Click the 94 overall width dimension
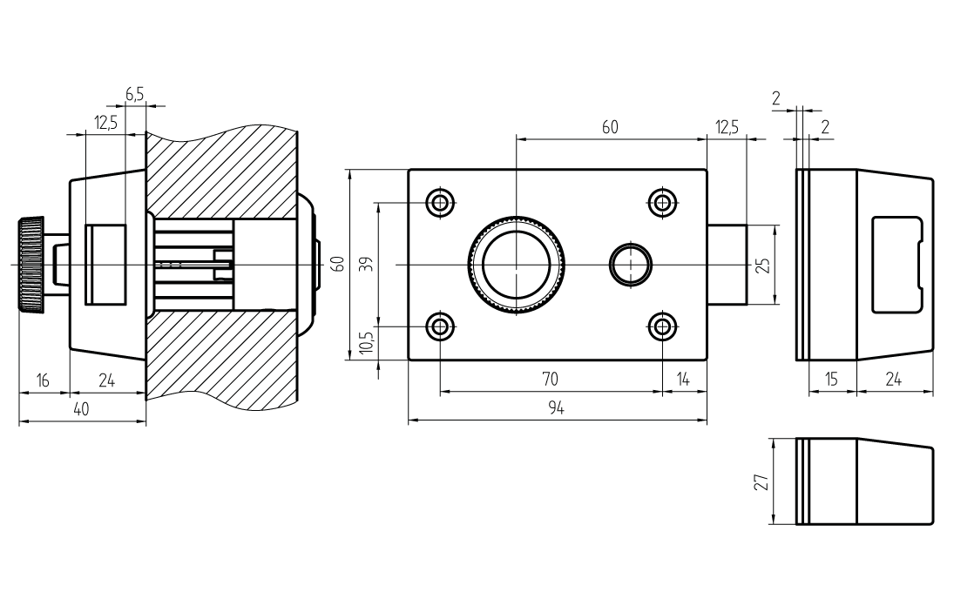[x=557, y=409]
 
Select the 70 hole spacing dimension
[x=550, y=380]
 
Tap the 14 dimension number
[x=684, y=380]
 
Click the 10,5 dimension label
[x=368, y=341]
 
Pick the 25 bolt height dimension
[x=763, y=265]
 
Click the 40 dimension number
[x=81, y=410]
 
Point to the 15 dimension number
[x=833, y=380]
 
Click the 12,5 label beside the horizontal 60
[x=727, y=127]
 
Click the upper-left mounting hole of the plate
[x=440, y=203]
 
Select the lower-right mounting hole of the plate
[x=663, y=326]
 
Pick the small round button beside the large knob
[x=630, y=264]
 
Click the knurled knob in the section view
[x=31, y=264]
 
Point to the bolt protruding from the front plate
[x=727, y=264]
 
